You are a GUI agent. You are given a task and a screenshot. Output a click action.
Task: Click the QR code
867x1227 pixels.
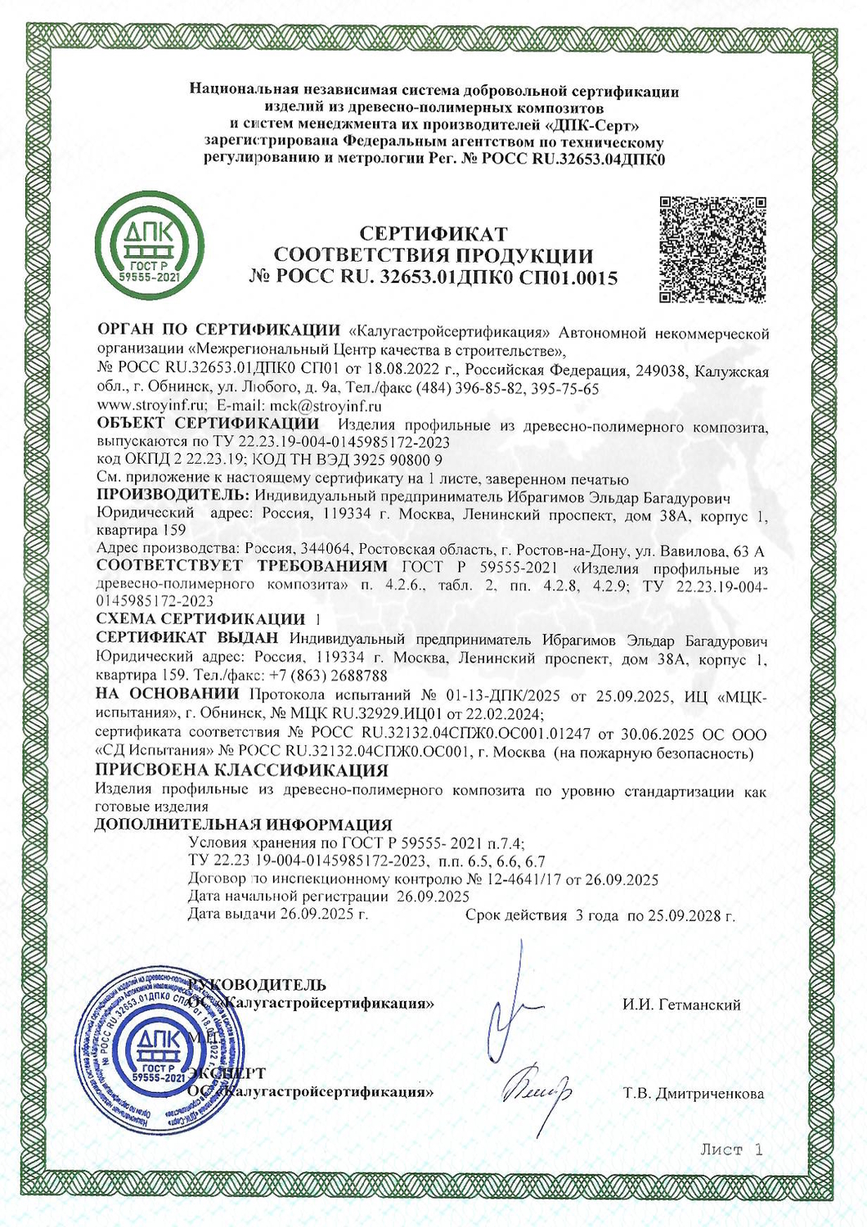point(712,249)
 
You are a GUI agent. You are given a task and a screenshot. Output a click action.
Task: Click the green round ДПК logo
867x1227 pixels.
point(150,245)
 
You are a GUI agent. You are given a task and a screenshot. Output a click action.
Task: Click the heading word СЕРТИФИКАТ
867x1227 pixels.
point(433,235)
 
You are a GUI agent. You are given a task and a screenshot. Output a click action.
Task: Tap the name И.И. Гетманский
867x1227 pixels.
point(681,1005)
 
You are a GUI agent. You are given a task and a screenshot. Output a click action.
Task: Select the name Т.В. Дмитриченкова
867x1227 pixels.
point(693,1093)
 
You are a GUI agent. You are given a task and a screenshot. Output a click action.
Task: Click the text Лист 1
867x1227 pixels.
point(731,1149)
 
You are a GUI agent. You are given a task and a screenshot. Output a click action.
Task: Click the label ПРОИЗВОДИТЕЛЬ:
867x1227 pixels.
point(173,495)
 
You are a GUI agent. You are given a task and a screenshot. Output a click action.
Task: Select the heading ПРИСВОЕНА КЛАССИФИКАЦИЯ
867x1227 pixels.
point(241,770)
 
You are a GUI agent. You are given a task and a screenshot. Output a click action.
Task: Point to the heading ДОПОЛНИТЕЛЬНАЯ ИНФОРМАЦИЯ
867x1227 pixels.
point(244,825)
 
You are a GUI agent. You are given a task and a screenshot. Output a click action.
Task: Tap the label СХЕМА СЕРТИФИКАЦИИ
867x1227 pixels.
point(200,618)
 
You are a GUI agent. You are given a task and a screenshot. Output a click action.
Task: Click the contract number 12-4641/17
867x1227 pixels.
point(523,880)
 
